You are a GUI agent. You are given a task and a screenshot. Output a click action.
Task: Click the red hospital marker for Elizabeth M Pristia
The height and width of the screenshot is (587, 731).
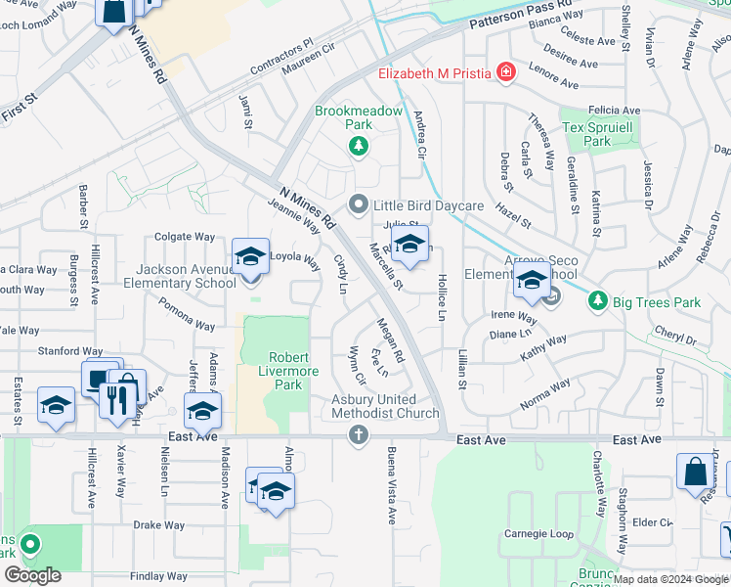click(x=505, y=71)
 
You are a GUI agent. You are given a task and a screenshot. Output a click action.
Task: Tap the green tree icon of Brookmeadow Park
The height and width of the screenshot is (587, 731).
click(x=359, y=147)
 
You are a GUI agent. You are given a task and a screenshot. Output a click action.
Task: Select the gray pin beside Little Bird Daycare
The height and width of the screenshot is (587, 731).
click(x=359, y=205)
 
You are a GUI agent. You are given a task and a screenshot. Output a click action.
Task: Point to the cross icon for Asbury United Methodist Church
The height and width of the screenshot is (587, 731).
click(x=359, y=433)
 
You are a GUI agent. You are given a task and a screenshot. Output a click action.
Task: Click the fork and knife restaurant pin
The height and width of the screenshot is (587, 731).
click(x=116, y=400)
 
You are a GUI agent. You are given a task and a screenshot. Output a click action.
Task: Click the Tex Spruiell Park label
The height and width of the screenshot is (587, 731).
click(x=598, y=135)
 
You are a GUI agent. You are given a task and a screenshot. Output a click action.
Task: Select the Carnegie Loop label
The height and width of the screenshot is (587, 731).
click(x=538, y=534)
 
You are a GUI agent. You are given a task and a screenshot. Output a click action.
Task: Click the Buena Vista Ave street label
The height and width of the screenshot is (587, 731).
click(x=390, y=483)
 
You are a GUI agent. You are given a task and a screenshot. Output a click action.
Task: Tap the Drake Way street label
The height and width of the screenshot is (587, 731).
click(x=159, y=525)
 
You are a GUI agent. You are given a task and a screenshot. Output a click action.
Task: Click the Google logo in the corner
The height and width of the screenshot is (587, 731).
click(x=32, y=575)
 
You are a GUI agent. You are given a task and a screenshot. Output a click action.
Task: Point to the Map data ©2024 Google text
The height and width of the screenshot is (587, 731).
click(x=669, y=579)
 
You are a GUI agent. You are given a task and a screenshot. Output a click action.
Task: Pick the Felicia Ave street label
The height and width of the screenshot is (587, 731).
click(x=613, y=111)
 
